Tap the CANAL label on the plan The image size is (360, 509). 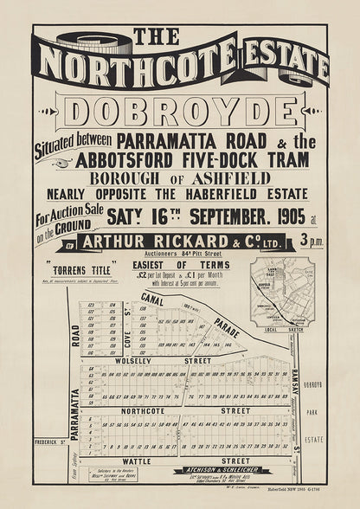click(x=153, y=300)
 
